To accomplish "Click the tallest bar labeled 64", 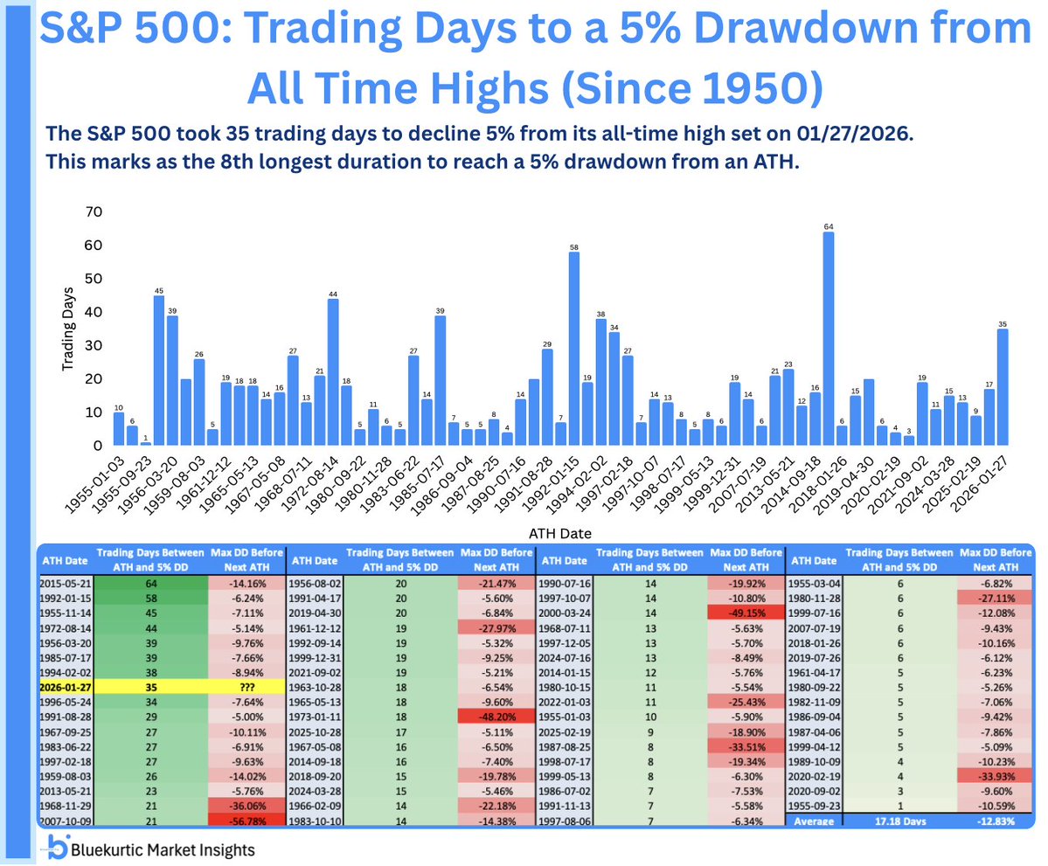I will point(828,338).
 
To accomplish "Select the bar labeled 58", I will point(573,349).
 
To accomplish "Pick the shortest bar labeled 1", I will point(145,443).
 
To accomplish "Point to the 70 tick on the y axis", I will point(92,212).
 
